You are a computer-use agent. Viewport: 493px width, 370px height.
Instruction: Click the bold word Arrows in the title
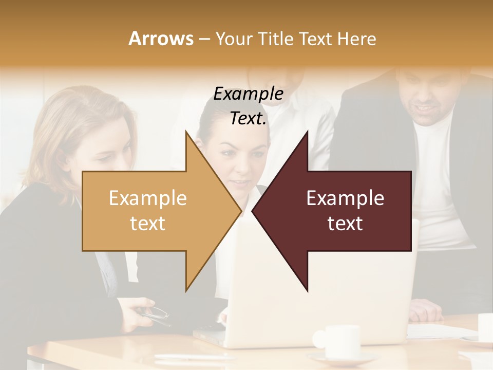point(161,39)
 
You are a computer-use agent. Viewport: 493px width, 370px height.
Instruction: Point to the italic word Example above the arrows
point(248,94)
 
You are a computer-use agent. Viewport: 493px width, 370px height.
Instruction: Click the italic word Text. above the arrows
point(248,119)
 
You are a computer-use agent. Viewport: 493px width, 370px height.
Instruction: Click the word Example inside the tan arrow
point(148,198)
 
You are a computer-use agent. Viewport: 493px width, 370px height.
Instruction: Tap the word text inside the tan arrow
point(148,224)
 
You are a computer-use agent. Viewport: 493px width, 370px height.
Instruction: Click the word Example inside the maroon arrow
point(345,198)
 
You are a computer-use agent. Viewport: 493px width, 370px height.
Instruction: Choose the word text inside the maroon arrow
point(345,224)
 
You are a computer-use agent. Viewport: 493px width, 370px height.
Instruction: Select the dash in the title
point(204,39)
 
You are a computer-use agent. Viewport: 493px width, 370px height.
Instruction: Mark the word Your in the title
point(232,39)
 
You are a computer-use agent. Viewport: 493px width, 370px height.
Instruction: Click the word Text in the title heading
point(314,39)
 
